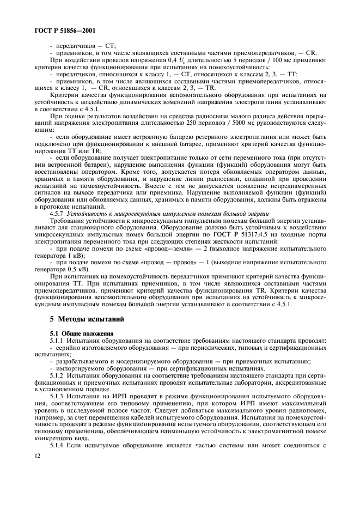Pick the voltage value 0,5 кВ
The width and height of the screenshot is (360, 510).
pos(63,265)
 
